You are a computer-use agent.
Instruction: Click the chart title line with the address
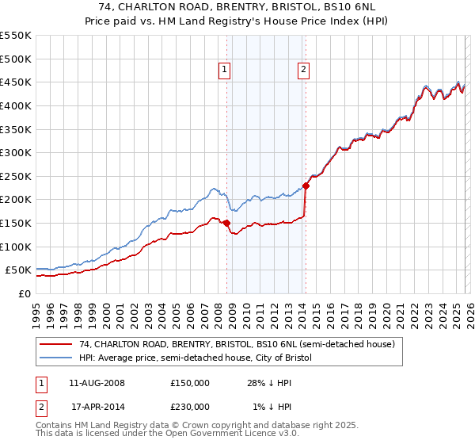[x=237, y=6]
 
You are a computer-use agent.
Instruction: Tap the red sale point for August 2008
[x=226, y=224]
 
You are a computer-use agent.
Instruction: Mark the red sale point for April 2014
[x=306, y=186]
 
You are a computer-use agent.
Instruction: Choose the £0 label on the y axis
[x=23, y=293]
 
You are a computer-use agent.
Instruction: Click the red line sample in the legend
[x=57, y=345]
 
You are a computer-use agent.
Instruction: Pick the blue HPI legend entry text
[x=196, y=358]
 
